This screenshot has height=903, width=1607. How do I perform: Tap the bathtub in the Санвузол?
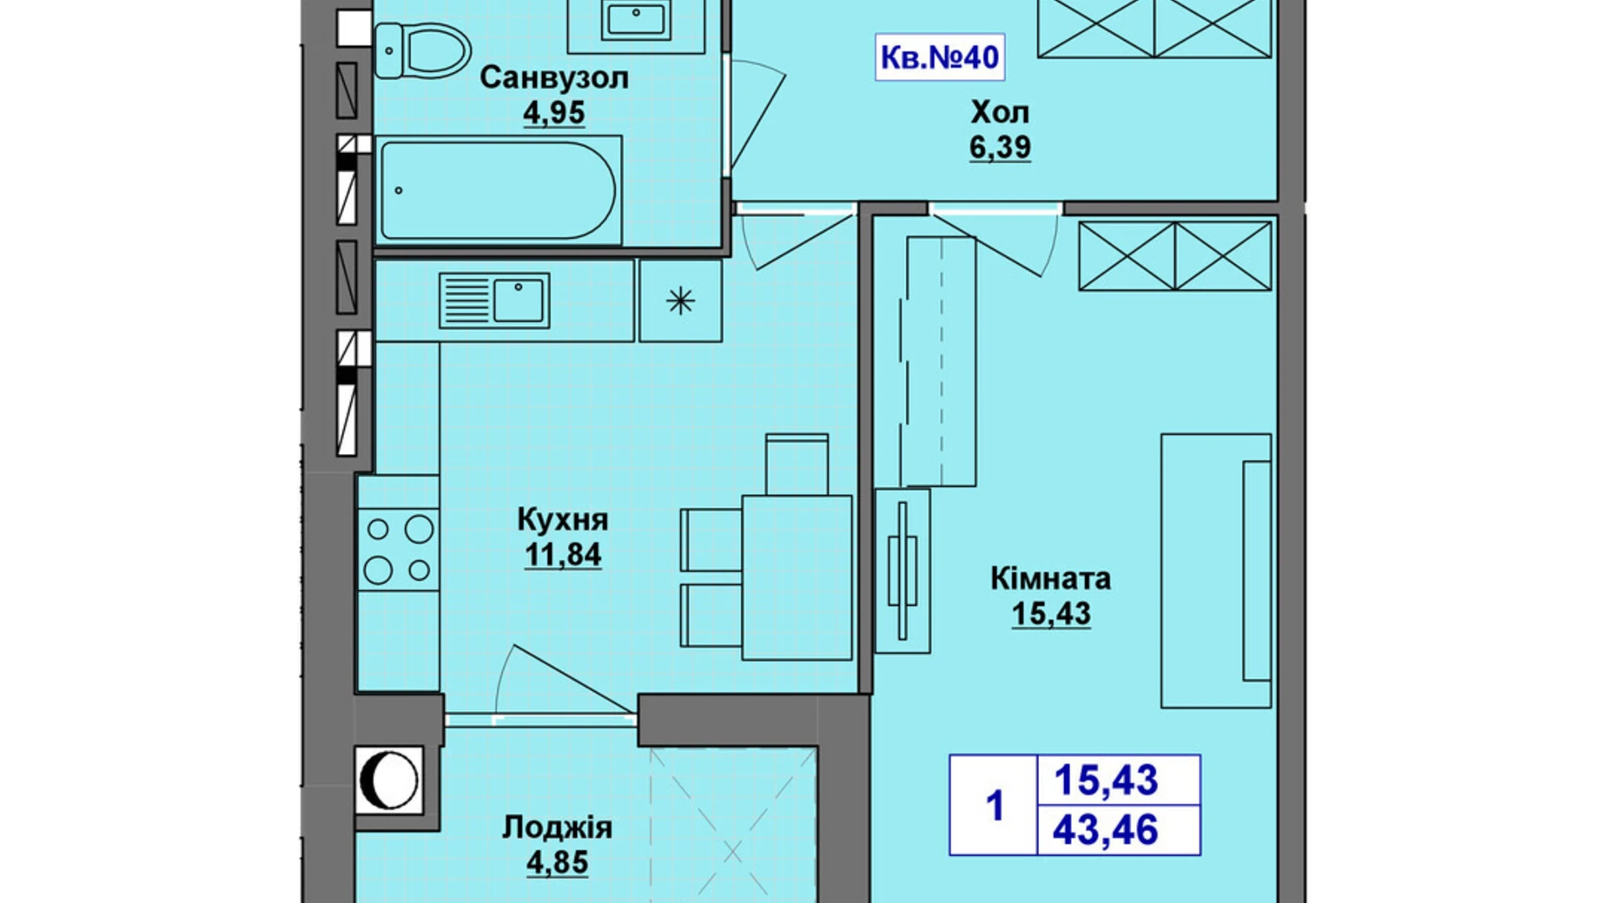(x=499, y=190)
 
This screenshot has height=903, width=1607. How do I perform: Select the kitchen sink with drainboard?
(x=493, y=300)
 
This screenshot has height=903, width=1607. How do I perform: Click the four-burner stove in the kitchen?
(x=399, y=550)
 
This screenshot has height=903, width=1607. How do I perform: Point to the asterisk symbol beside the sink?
(x=680, y=301)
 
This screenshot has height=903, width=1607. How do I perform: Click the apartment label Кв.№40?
(x=939, y=57)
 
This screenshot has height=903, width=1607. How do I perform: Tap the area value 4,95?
(x=553, y=113)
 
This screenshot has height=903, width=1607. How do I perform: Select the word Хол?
(x=1000, y=112)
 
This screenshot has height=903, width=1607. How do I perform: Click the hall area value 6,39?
(x=1000, y=148)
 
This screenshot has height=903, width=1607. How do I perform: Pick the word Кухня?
(x=562, y=520)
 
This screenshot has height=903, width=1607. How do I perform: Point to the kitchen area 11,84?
(x=562, y=554)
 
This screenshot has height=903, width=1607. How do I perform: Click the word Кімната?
(x=1050, y=578)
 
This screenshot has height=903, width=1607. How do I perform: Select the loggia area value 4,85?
(x=557, y=862)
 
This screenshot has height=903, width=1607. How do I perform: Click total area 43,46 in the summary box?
(x=1106, y=831)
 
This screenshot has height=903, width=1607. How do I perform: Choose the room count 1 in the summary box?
(x=995, y=806)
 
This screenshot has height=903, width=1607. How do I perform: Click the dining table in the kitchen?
(x=797, y=577)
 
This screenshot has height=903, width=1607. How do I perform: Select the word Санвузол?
(x=553, y=78)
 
